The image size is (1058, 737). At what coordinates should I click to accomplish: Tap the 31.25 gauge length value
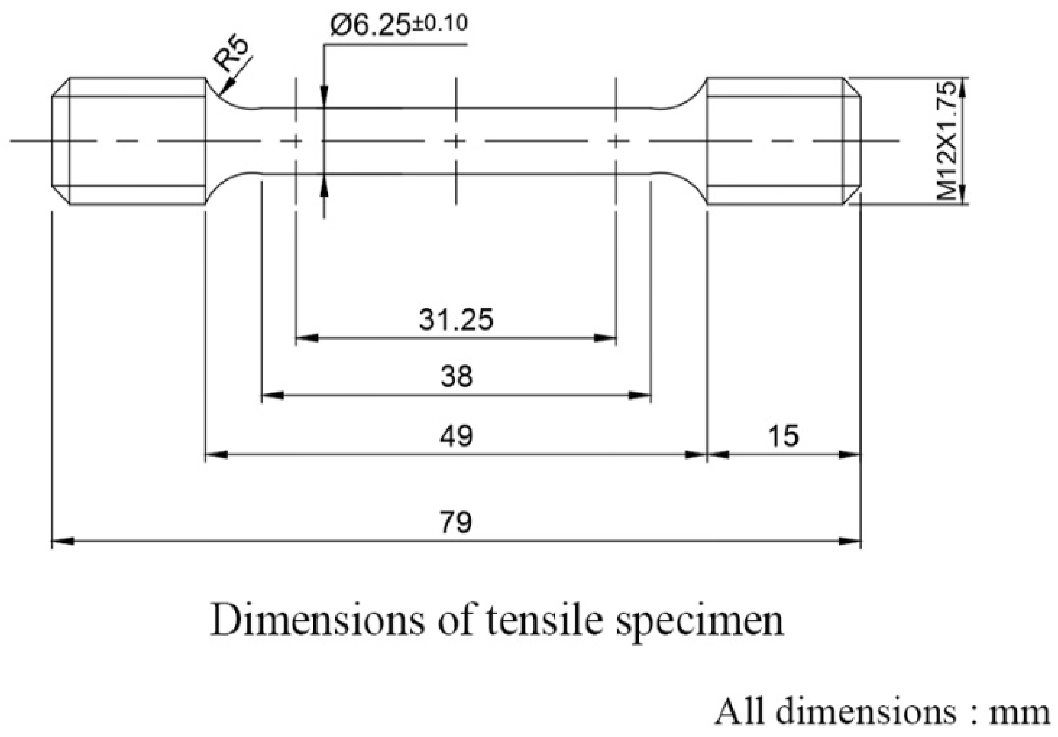pos(456,320)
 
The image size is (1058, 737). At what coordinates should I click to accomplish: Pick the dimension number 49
pos(456,436)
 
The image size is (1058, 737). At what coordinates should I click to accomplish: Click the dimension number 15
pos(783,436)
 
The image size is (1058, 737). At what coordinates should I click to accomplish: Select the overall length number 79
pos(456,522)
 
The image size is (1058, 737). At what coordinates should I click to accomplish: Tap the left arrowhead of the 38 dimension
pos(272,395)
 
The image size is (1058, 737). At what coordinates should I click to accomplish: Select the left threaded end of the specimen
pos(129,141)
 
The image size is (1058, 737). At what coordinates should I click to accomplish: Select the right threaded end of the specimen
pos(783,141)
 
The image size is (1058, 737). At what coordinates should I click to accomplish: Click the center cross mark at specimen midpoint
pos(456,141)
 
